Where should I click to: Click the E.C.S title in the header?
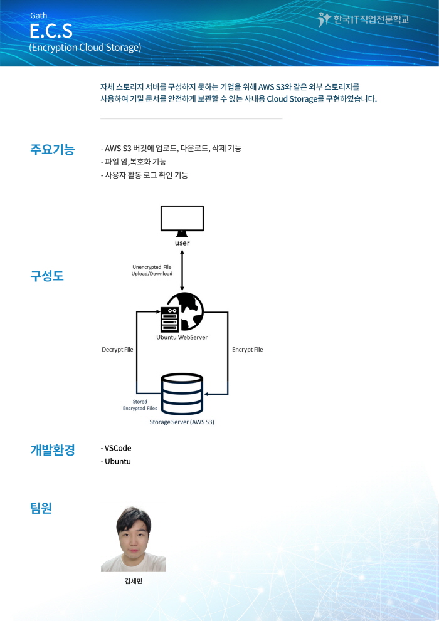51,31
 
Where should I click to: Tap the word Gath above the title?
38,16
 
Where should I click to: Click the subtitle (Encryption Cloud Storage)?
85,47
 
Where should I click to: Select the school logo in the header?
363,19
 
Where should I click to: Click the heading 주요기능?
52,149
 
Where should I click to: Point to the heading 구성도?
47,276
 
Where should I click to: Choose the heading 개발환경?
52,449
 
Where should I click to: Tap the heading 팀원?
41,508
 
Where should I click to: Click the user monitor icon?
182,221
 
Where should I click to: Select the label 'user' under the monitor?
182,243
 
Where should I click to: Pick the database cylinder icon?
182,394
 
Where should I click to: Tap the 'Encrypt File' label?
248,349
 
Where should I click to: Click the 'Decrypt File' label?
117,349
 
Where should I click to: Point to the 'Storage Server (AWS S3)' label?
182,422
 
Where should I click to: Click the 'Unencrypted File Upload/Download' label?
152,270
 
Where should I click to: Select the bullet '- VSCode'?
116,448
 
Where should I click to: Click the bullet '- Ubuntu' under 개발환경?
115,461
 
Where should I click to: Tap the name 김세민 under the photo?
133,581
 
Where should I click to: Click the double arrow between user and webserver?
182,270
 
